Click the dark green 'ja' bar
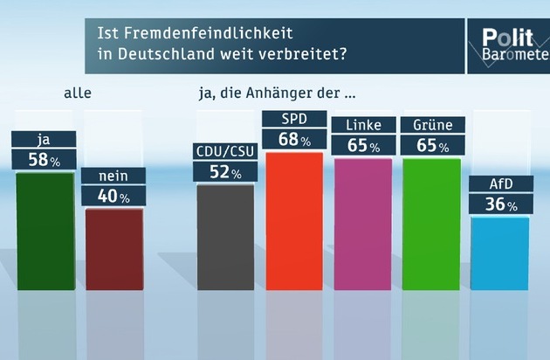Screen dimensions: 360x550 click(45, 231)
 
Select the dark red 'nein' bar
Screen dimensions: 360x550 click(113, 248)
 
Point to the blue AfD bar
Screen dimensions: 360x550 click(498, 253)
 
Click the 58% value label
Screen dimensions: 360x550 click(44, 160)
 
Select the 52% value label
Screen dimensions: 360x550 click(224, 171)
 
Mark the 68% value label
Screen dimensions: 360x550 click(293, 140)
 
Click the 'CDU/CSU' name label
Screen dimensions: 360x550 click(223, 150)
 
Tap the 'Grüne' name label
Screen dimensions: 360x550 click(432, 124)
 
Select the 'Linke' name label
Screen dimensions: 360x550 click(362, 124)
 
